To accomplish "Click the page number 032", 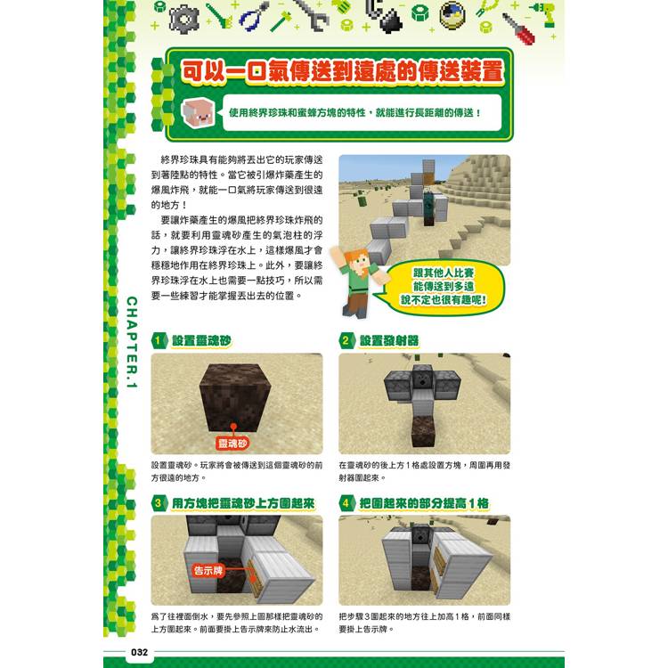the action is tap(139, 652).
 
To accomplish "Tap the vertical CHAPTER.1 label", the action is tap(132, 342).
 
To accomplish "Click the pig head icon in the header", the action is tap(198, 112).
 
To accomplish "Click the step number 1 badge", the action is tap(159, 341).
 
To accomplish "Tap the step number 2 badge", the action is tap(346, 341).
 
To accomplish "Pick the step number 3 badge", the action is tap(159, 503).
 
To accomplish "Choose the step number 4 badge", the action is tap(346, 503).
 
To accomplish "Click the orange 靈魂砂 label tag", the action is tap(232, 444).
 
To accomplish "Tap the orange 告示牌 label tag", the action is tap(208, 570).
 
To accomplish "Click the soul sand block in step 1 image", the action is tap(235, 397).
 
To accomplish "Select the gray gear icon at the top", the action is tap(184, 20).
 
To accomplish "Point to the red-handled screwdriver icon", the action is tap(518, 29).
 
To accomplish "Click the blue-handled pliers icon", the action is tap(254, 17).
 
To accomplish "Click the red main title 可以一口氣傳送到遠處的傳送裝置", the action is tap(343, 70).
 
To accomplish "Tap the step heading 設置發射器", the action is tap(389, 341).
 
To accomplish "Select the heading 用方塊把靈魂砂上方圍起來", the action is tap(244, 503).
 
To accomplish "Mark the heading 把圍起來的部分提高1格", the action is tap(424, 503).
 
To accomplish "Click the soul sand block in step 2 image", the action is tap(422, 431).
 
